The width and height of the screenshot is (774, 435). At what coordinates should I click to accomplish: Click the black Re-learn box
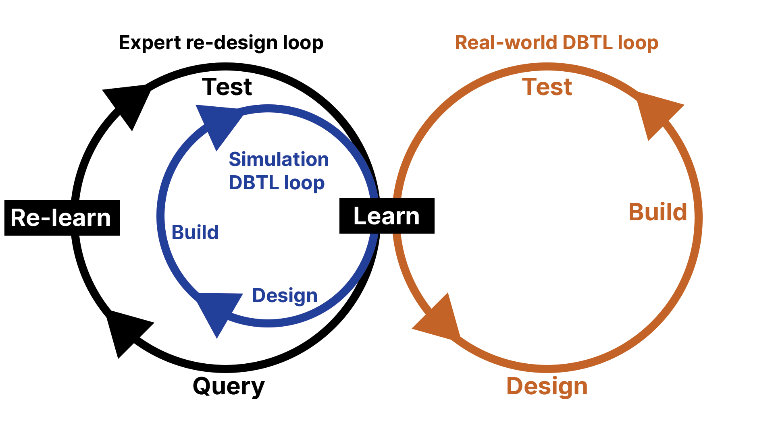[62, 218]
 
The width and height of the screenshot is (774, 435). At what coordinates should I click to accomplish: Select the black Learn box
[387, 216]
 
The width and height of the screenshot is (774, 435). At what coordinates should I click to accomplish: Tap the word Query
[229, 387]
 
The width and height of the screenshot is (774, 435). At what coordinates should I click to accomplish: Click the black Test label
[227, 87]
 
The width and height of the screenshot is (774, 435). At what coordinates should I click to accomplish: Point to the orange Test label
[547, 87]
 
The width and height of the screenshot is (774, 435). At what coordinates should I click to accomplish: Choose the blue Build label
[195, 232]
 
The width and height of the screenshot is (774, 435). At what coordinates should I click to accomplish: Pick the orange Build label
[657, 212]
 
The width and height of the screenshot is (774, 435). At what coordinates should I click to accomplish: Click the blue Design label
[285, 296]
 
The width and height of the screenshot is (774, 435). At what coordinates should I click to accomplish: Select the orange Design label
[547, 387]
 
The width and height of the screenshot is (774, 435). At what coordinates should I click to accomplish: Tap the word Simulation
[279, 159]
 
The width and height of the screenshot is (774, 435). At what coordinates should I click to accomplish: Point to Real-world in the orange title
[506, 43]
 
